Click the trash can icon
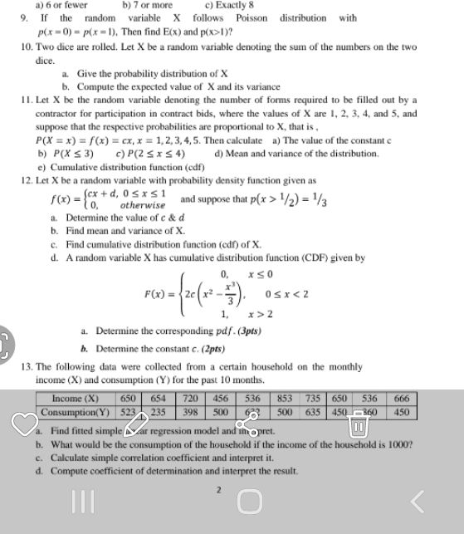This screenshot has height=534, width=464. pos(359,426)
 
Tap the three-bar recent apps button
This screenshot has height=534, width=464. pos(81,501)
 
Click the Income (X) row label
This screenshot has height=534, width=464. pos(75,399)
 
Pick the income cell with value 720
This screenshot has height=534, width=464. pos(191,399)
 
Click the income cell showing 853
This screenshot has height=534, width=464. pos(285,399)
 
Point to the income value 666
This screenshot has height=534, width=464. pos(401,399)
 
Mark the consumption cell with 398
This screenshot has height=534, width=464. pos(191,412)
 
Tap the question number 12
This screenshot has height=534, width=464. pos(27,180)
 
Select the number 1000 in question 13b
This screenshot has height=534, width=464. pos(398,444)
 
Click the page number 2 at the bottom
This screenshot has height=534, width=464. pos(218,490)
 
